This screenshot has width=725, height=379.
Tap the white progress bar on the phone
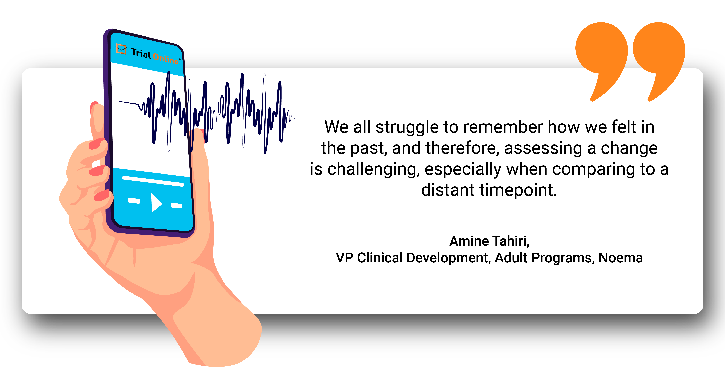tap(153, 181)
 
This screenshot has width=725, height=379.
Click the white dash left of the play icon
tap(134, 200)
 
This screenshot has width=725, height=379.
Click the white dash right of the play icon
tap(176, 206)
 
